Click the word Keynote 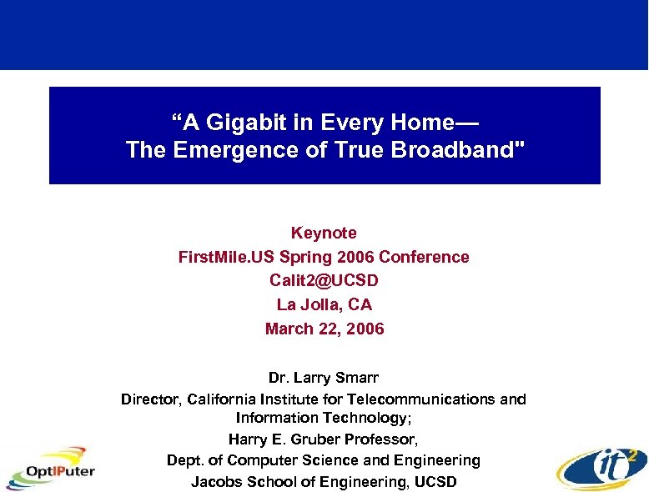click(324, 233)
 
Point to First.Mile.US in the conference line click(221, 257)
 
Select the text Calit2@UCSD click(324, 281)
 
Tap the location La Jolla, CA click(324, 305)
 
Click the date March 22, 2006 click(324, 329)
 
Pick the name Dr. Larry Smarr click(324, 379)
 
